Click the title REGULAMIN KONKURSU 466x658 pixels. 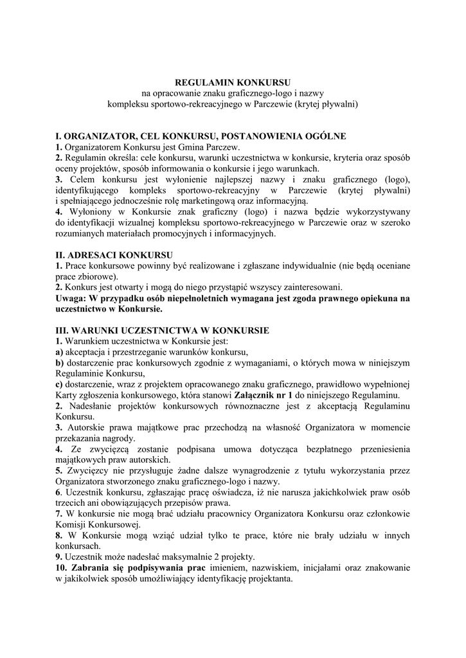point(233,83)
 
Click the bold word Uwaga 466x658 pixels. point(69,298)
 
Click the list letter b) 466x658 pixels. point(59,362)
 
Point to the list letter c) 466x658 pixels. point(59,384)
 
